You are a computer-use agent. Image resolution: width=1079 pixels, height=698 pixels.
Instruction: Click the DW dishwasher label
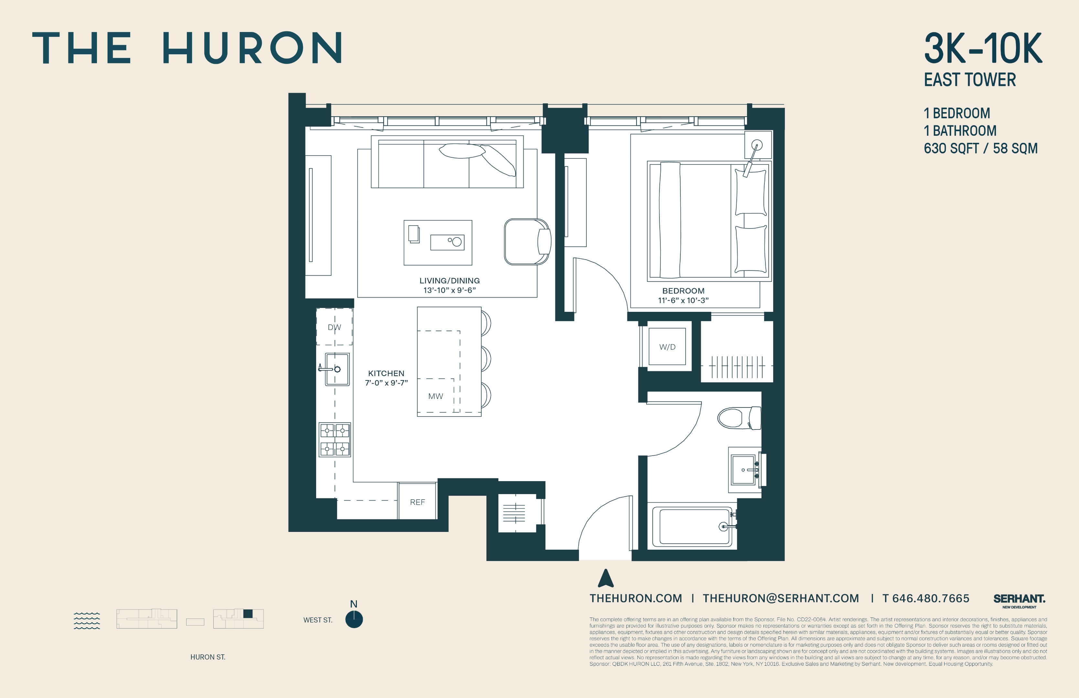point(334,327)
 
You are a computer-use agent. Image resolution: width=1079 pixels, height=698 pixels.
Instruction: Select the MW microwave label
point(435,396)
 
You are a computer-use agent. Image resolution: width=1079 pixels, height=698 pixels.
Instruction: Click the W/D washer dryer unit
point(667,347)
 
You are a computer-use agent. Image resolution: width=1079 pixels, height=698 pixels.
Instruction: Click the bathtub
point(694,526)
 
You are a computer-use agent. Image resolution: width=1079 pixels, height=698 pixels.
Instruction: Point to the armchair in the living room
point(527,242)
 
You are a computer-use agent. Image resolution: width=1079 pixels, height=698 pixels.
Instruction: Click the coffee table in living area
point(437,242)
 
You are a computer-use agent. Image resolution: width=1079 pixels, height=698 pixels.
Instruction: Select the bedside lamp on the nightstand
point(757,145)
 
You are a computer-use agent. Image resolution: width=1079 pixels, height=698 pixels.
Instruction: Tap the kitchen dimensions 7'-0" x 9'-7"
point(386,383)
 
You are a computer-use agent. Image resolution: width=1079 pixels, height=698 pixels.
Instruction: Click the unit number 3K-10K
point(983,48)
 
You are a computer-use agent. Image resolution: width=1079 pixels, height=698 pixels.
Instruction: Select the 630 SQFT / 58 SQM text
point(980,149)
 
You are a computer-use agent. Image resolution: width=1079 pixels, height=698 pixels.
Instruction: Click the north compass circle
point(354,619)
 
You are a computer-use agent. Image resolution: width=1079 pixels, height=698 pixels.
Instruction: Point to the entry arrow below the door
point(606,579)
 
